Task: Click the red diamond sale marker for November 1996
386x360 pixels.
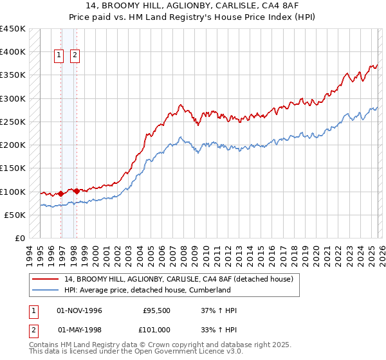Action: click(61, 194)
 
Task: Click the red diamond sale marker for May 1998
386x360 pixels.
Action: click(77, 191)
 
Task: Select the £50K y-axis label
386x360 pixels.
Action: click(15, 215)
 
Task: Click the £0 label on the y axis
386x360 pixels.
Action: click(19, 238)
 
